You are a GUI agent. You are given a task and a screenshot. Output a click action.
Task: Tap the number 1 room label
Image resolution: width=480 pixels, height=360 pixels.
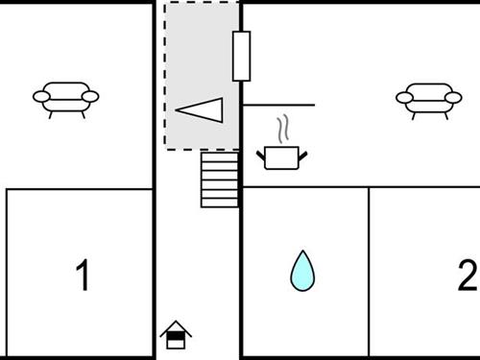(83, 276)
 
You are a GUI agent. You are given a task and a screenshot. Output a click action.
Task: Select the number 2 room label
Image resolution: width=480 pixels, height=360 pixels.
(467, 276)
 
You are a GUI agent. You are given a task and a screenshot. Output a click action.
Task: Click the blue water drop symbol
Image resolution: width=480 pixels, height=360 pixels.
(302, 271)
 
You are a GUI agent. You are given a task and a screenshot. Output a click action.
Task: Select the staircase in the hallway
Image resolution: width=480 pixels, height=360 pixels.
(219, 180)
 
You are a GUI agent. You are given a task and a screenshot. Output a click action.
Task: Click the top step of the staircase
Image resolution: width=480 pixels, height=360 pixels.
(219, 156)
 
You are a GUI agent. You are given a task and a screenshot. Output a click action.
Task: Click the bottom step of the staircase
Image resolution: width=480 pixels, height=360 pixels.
(219, 202)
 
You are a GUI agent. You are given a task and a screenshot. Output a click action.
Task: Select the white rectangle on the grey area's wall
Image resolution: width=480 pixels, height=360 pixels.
(241, 56)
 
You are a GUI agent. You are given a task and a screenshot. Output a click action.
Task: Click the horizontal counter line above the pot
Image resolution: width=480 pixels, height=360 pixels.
(278, 104)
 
